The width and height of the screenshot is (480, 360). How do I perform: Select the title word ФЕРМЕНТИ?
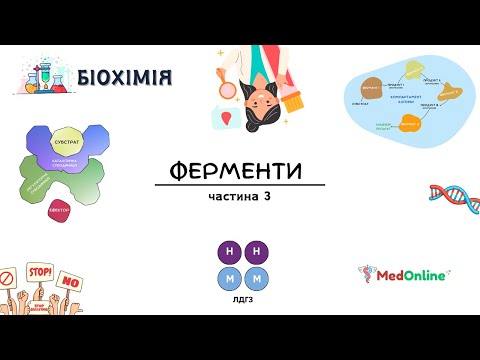(x=240, y=170)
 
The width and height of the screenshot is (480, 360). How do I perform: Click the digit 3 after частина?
(x=268, y=196)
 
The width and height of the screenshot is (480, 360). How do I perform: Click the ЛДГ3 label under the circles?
(x=240, y=298)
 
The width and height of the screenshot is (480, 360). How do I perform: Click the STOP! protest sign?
(x=40, y=271)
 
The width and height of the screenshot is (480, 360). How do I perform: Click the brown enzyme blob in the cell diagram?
(x=372, y=87)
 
